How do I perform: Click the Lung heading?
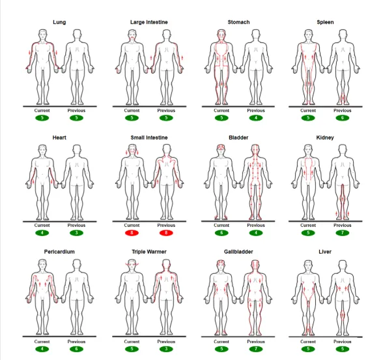pyautogui.click(x=59, y=22)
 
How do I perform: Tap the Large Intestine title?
pyautogui.click(x=149, y=22)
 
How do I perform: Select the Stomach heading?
pyautogui.click(x=238, y=22)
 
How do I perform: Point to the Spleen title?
pyautogui.click(x=325, y=22)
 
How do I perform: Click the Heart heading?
pyautogui.click(x=59, y=138)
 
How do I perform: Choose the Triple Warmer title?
pyautogui.click(x=149, y=252)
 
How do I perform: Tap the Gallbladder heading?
pyautogui.click(x=238, y=252)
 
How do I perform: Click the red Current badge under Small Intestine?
pyautogui.click(x=132, y=233)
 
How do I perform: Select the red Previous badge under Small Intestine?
pyautogui.click(x=166, y=233)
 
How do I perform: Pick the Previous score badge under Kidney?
pyautogui.click(x=342, y=233)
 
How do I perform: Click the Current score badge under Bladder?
pyautogui.click(x=221, y=233)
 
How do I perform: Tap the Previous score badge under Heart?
pyautogui.click(x=76, y=233)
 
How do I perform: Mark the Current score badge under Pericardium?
pyautogui.click(x=42, y=349)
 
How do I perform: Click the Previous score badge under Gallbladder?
pyautogui.click(x=256, y=349)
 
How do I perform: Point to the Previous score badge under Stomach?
pyautogui.click(x=256, y=118)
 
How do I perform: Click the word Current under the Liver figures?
pyautogui.click(x=308, y=342)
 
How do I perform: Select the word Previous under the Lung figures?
pyautogui.click(x=76, y=111)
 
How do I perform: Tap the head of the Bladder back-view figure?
pyautogui.click(x=255, y=150)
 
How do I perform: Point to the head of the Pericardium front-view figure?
pyautogui.click(x=42, y=265)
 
